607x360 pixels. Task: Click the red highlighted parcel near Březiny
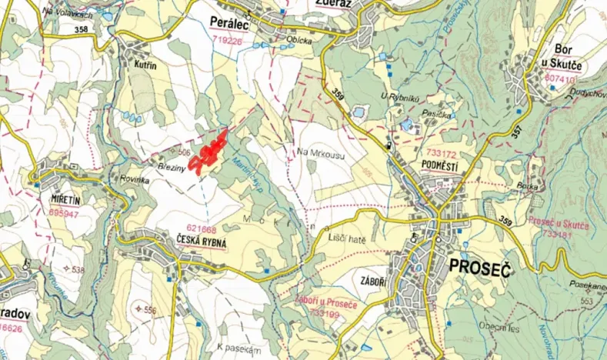tap(209, 155)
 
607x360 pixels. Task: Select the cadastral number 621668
tap(202, 228)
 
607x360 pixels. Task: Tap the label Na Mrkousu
tap(319, 152)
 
